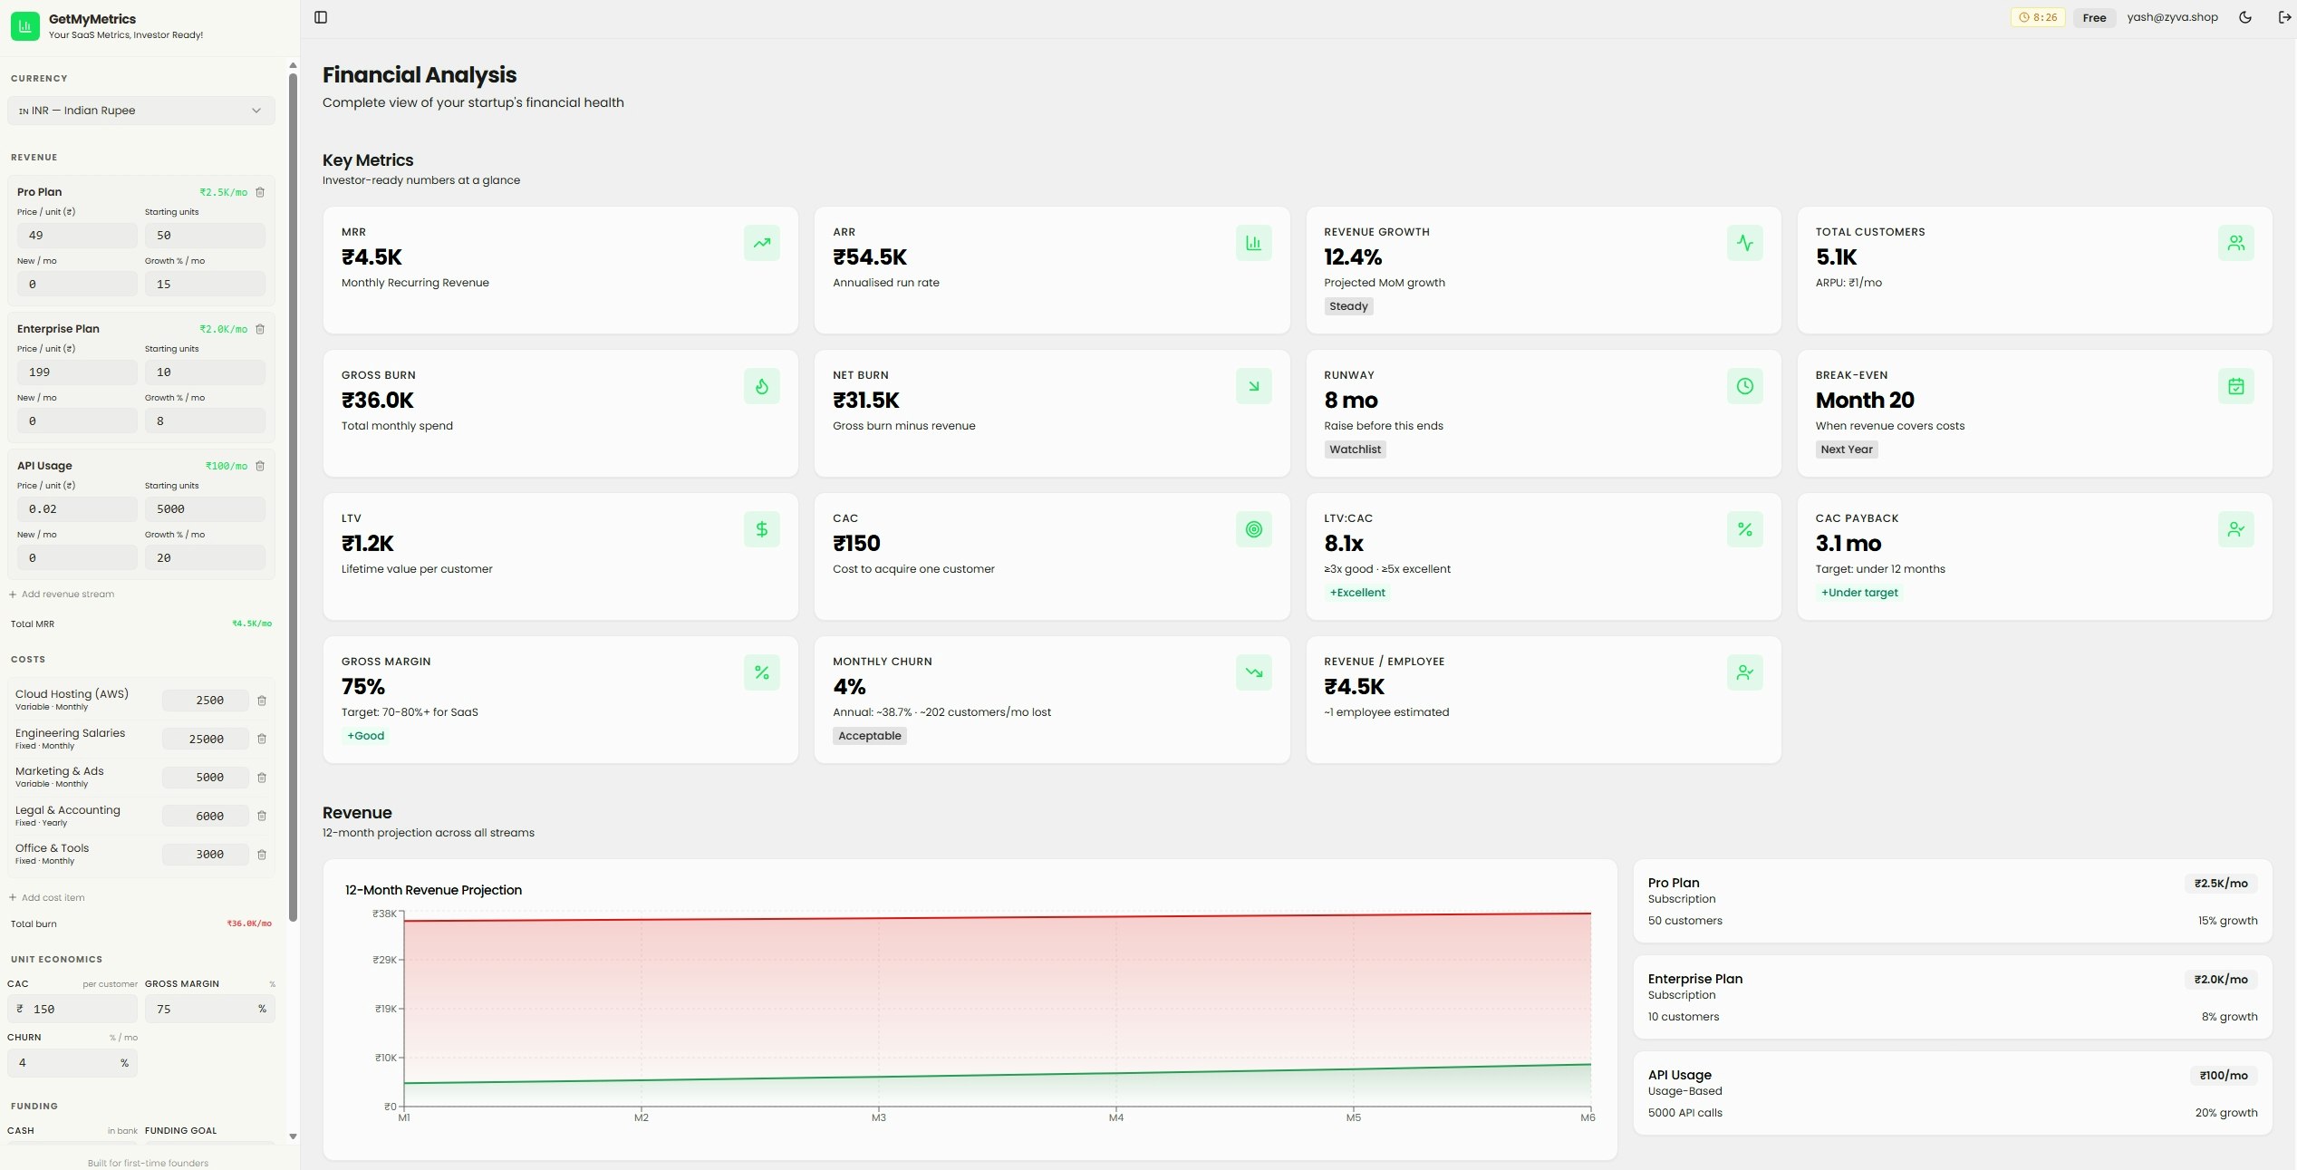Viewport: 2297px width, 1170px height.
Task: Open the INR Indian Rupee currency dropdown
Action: (x=140, y=111)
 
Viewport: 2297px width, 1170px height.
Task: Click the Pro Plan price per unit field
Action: (x=77, y=235)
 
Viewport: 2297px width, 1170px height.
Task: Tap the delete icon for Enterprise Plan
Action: (x=260, y=329)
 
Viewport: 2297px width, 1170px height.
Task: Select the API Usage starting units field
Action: (x=205, y=509)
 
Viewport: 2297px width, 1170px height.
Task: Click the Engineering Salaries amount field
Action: (x=206, y=739)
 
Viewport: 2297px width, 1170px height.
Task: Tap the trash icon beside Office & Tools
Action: (x=262, y=855)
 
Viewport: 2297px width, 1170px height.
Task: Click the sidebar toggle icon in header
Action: (x=321, y=17)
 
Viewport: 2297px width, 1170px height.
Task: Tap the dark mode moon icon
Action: (x=2245, y=17)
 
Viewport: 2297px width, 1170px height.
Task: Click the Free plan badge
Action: (x=2094, y=17)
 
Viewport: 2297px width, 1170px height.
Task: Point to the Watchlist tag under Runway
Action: (x=1355, y=450)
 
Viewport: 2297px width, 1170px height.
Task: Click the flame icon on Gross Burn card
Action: (x=762, y=386)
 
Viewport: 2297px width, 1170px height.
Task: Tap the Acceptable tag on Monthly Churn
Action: (x=870, y=736)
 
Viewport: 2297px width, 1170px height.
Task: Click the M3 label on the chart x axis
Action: (x=879, y=1117)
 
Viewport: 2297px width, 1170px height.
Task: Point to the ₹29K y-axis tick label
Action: (x=384, y=960)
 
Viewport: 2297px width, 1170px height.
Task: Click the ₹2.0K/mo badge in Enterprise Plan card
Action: (x=2220, y=979)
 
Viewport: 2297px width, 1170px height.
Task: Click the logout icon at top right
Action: (x=2284, y=17)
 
